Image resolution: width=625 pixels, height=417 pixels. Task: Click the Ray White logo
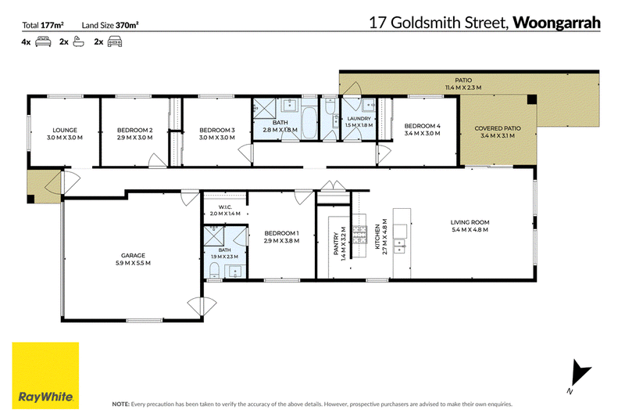pos(45,376)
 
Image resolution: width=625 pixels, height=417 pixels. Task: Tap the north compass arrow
pos(579,373)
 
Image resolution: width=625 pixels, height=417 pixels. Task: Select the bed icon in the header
pos(43,41)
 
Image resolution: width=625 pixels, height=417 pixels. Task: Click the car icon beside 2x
pos(115,41)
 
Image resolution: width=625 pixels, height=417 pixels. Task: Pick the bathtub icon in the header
pos(79,41)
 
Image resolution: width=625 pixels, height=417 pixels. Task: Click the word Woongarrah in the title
pos(556,23)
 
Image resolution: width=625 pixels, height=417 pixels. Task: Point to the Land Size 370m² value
pos(127,25)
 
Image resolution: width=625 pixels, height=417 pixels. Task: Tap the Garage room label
pos(133,259)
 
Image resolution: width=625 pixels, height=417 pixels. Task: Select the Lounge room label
pos(65,134)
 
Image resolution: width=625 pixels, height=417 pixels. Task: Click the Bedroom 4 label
pos(422,130)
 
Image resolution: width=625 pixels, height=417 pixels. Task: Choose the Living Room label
pos(470,226)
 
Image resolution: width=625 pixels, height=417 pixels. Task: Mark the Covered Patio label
pos(498,132)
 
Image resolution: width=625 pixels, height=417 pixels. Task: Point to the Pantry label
pos(340,244)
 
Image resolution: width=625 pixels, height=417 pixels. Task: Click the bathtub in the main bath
pos(309,122)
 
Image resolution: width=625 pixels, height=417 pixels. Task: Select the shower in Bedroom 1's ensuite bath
pos(214,235)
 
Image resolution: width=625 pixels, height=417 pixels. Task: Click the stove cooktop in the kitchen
pos(359,235)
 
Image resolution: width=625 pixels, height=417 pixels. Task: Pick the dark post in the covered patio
pos(532,99)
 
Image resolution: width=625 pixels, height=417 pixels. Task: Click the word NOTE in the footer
pos(121,404)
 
